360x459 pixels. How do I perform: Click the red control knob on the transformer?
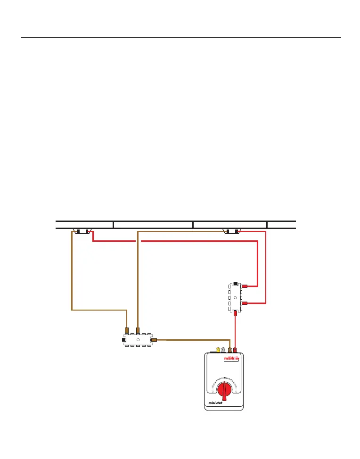224,389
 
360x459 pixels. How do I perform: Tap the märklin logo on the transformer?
231,359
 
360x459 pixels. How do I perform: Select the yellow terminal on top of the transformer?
218,350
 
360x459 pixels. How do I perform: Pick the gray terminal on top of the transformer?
223,350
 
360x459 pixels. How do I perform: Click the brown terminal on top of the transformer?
229,350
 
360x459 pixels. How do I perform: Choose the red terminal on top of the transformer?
235,350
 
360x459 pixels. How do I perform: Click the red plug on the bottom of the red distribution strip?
235,312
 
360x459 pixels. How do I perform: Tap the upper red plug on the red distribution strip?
245,286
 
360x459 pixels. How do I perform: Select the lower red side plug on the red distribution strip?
245,303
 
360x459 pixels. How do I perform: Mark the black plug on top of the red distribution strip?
235,283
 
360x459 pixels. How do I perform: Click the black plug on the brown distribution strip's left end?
124,339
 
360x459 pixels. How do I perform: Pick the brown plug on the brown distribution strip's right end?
154,339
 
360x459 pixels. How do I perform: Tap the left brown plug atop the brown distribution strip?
126,330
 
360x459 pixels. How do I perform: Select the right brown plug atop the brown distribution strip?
138,330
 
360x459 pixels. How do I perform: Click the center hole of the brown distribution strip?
138,339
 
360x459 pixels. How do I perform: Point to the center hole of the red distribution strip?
235,298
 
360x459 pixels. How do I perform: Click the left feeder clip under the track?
83,231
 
